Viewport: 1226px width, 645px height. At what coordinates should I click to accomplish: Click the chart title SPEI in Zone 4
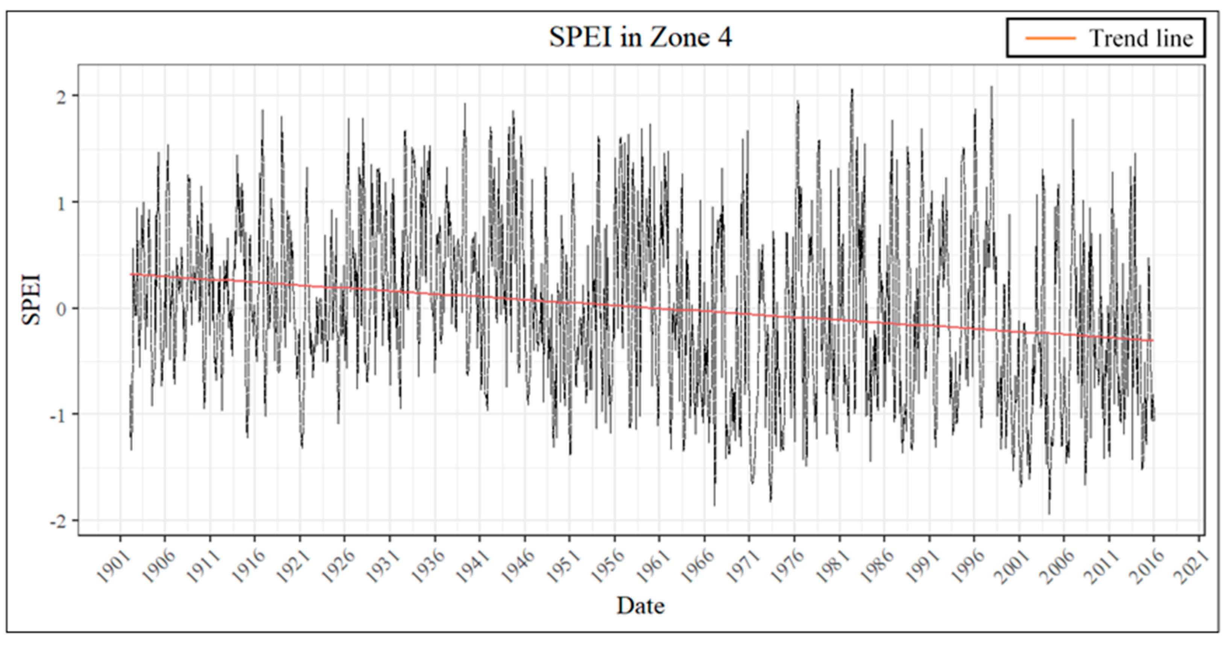pos(640,37)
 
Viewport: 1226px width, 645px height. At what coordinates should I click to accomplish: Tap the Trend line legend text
pos(1141,38)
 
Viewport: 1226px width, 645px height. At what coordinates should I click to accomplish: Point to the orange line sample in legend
pos(1050,38)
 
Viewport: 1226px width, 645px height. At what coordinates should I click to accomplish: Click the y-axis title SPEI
pos(31,300)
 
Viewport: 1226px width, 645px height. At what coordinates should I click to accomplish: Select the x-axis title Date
pos(640,606)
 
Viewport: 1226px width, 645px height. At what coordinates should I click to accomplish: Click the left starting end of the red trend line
pos(131,274)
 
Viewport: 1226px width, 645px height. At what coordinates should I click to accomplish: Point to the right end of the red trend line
pos(1153,340)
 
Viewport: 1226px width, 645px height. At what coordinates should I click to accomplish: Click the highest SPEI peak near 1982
pos(852,90)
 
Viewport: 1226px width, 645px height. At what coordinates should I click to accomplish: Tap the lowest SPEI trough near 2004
pos(1049,513)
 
